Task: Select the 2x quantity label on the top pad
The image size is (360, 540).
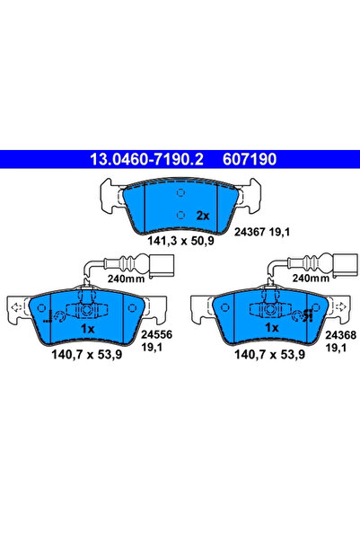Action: point(202,216)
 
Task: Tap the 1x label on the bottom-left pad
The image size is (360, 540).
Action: point(88,329)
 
